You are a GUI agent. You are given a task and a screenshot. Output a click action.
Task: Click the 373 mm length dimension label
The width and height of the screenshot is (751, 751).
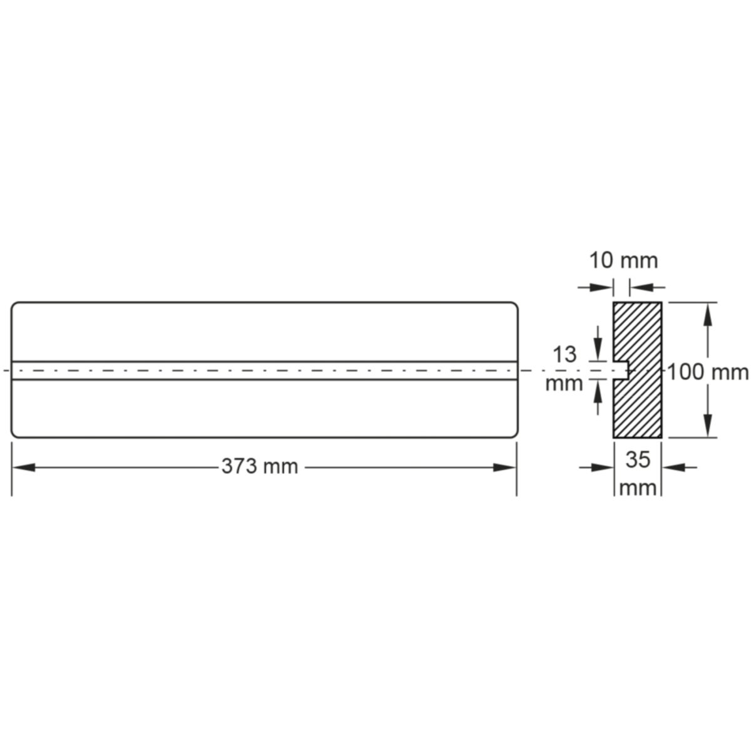tap(260, 466)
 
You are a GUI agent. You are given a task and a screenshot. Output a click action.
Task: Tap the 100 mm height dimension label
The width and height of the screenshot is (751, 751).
tap(708, 372)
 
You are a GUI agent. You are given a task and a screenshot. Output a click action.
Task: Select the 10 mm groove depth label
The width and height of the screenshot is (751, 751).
tap(623, 261)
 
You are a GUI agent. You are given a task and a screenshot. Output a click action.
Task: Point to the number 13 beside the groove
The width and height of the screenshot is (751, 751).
tap(565, 355)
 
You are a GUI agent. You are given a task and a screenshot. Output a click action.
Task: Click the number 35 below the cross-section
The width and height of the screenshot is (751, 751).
tap(638, 459)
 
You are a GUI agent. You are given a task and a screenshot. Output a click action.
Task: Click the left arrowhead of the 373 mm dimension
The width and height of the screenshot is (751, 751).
tap(23, 467)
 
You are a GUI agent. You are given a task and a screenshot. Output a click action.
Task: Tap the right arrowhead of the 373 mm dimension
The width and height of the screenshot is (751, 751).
tap(504, 467)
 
